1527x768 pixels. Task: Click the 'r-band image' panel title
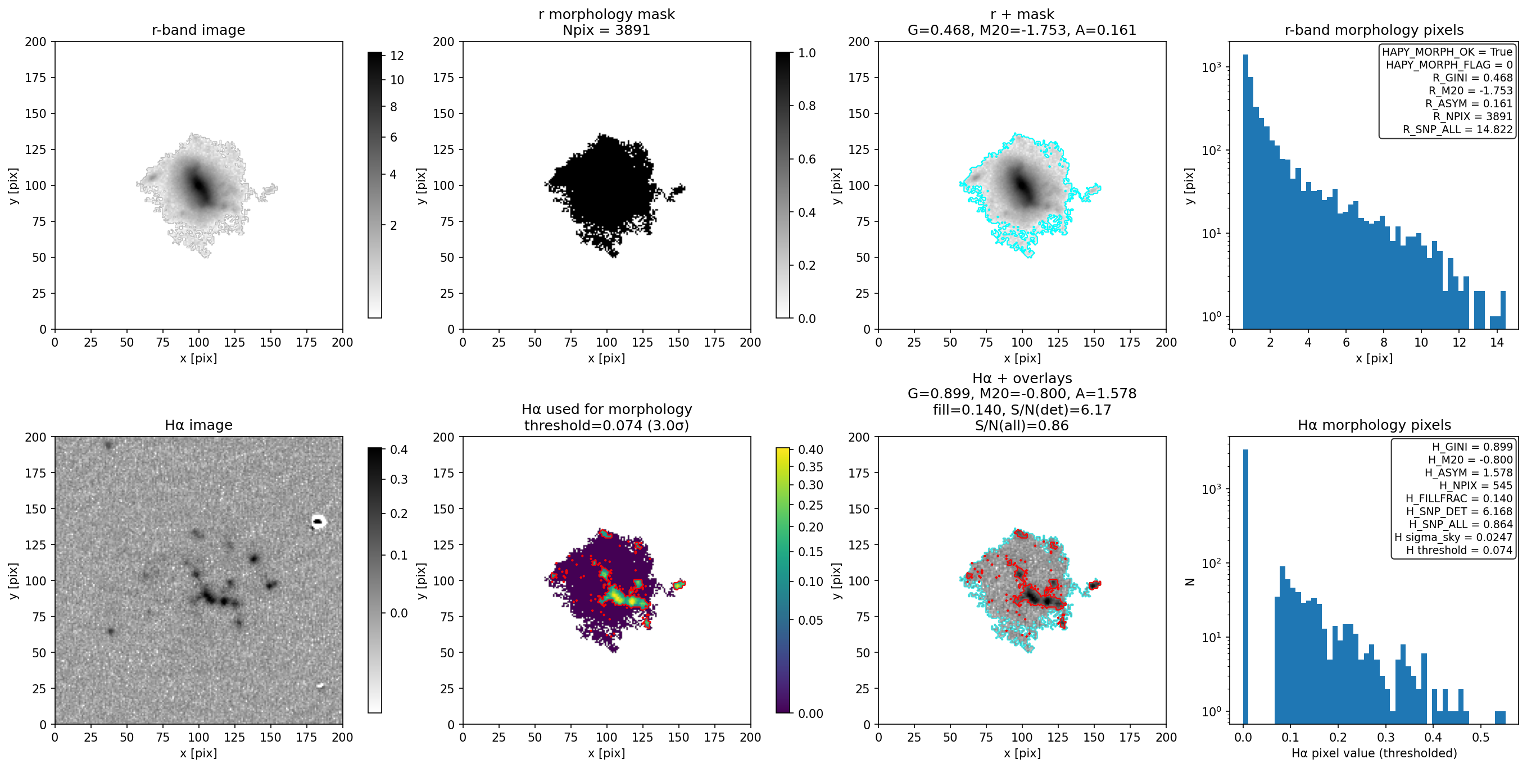(198, 30)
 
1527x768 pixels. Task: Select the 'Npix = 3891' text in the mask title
(606, 30)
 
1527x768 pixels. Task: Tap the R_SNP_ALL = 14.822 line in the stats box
(1458, 130)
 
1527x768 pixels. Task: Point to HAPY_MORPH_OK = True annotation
(1447, 52)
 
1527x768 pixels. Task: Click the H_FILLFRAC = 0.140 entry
(1459, 499)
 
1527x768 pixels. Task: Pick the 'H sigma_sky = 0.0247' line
(1453, 538)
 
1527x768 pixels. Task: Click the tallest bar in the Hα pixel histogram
(1245, 586)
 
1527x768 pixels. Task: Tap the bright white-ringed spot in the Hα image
(318, 522)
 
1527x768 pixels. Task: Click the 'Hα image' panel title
(198, 425)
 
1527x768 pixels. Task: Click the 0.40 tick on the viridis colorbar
(810, 450)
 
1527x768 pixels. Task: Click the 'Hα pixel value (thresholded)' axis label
(1374, 753)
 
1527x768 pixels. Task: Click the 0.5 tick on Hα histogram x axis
(1481, 737)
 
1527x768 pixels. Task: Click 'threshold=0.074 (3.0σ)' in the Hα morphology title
(606, 425)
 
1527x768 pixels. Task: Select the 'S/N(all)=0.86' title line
(1021, 425)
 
